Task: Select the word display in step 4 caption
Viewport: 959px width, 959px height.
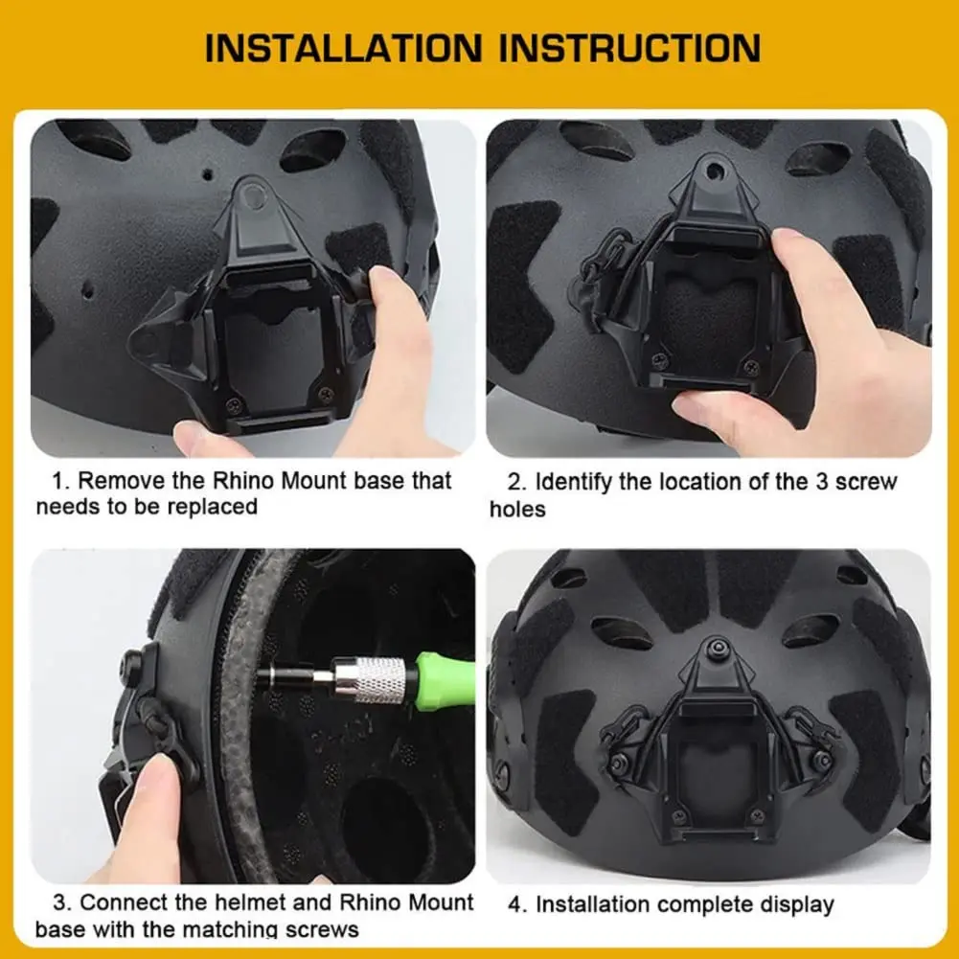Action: [789, 904]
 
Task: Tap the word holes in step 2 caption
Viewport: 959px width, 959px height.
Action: [517, 510]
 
